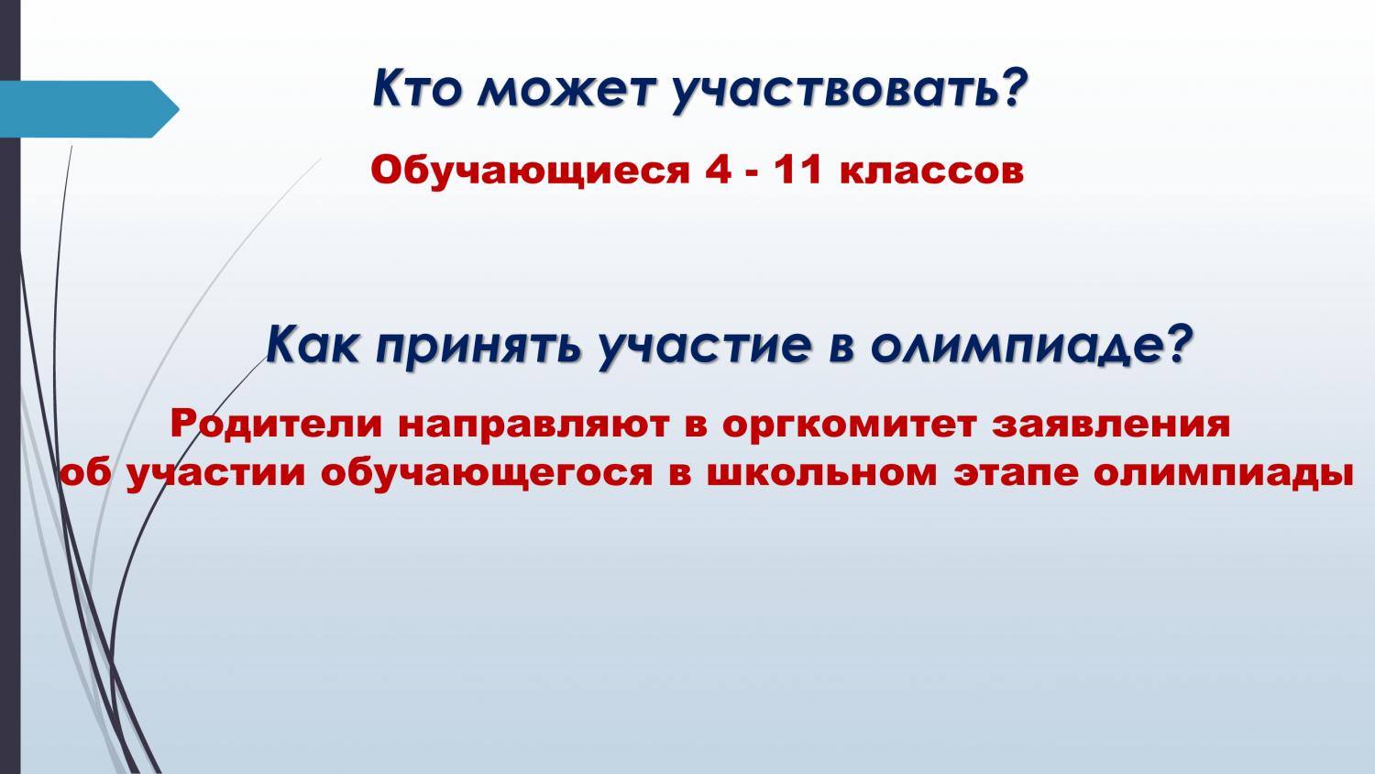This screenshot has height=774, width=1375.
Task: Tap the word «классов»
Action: coord(932,172)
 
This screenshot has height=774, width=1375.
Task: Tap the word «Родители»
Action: coord(276,425)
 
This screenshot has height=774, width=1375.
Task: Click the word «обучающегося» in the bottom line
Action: coord(486,473)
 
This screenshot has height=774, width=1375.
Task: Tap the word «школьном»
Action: coord(822,474)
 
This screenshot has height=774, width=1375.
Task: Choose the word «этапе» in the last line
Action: coord(1016,474)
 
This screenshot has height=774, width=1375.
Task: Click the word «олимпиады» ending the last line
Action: coord(1224,475)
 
